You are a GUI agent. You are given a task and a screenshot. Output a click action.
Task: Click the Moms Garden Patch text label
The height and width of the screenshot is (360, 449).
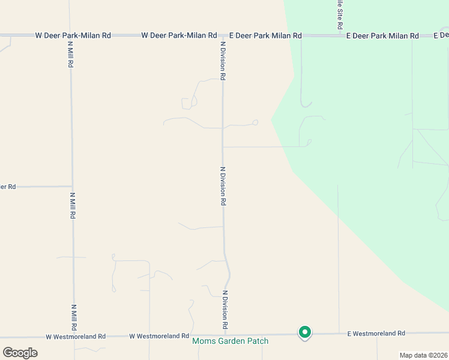(230, 341)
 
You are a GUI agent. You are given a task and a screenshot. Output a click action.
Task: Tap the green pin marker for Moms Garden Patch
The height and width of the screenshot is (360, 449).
(305, 332)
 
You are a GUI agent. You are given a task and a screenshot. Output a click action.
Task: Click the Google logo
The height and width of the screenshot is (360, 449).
(20, 352)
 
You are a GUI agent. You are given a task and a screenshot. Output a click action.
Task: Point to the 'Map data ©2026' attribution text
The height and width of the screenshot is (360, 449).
(423, 355)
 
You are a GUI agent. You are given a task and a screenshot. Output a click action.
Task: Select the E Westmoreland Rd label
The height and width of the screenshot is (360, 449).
(376, 333)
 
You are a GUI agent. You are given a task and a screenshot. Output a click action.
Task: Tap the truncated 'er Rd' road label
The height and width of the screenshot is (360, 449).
(8, 187)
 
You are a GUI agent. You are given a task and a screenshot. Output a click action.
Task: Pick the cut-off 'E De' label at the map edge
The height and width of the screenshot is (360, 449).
(441, 36)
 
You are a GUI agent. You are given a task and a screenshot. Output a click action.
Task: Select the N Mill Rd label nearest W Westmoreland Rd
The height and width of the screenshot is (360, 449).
(74, 318)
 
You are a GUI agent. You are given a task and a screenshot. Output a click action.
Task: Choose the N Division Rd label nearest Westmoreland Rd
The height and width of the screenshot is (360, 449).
(226, 309)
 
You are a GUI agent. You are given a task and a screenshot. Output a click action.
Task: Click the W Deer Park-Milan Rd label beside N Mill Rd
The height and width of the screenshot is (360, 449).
(73, 36)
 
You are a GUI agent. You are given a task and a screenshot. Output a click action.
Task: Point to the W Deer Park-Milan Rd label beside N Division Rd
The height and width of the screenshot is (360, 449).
(179, 36)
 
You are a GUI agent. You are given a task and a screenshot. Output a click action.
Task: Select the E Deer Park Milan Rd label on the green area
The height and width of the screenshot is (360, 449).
(382, 36)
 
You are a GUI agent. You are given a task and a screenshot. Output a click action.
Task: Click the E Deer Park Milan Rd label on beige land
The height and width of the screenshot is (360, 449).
(265, 36)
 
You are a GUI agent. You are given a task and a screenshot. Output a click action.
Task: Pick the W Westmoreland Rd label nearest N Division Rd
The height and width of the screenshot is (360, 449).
(159, 336)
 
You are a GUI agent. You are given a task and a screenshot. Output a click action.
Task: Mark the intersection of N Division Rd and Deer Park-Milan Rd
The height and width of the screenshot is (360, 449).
(223, 36)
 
